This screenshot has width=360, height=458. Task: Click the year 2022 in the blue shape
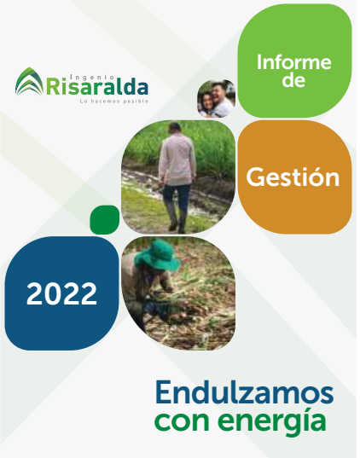click(62, 293)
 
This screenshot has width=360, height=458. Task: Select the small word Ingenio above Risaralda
click(93, 78)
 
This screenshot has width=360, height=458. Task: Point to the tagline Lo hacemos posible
click(115, 101)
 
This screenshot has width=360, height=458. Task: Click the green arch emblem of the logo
click(30, 82)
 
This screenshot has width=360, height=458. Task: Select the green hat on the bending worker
click(159, 256)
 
